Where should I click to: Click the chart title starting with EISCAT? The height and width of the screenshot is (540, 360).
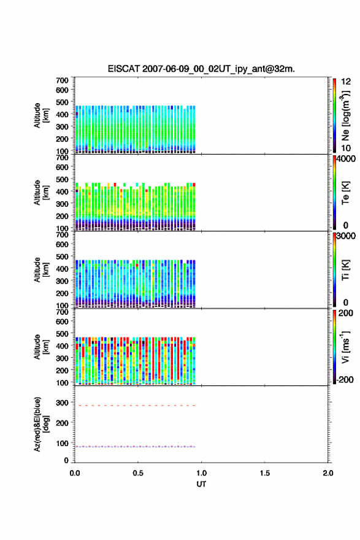[x=201, y=69]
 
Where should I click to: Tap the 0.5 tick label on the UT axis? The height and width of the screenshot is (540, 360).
[x=138, y=473]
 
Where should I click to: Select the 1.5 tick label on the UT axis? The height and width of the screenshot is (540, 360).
[x=265, y=473]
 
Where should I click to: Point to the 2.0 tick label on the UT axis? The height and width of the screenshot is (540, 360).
[x=328, y=473]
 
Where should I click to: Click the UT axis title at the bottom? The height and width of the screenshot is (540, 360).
[x=201, y=484]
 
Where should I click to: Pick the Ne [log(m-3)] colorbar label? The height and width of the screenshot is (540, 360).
[x=345, y=116]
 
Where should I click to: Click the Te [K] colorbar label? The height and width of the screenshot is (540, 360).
[x=345, y=193]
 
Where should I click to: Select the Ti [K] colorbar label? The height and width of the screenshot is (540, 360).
[x=345, y=270]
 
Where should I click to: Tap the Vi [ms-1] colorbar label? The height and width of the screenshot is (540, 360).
[x=345, y=347]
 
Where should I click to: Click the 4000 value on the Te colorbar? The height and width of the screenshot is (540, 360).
[x=346, y=159]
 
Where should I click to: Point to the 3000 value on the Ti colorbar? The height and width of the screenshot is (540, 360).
[x=346, y=236]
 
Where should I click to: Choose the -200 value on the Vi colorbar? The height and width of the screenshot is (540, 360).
[x=345, y=379]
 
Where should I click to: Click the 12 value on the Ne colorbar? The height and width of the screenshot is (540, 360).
[x=346, y=82]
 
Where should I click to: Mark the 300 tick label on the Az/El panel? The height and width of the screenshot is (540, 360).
[x=62, y=403]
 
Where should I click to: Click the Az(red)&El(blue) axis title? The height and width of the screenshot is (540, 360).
[x=41, y=424]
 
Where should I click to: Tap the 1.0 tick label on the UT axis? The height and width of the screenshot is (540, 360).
[x=201, y=473]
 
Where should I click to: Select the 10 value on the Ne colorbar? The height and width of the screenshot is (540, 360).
[x=346, y=148]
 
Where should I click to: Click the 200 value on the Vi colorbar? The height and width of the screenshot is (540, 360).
[x=345, y=313]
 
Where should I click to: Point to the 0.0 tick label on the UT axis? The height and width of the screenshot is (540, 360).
[x=75, y=473]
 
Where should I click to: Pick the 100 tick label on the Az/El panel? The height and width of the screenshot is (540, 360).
[x=62, y=443]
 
